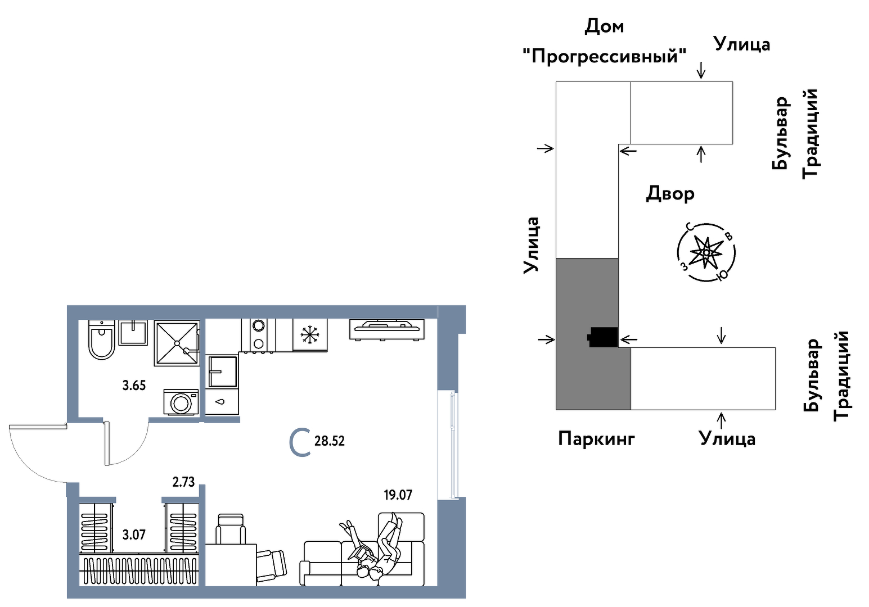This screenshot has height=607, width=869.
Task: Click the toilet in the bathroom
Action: (102, 341)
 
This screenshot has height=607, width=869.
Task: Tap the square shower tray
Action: (177, 343)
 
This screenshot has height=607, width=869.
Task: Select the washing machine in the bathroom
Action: (181, 402)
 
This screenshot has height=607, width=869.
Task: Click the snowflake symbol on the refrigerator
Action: (309, 335)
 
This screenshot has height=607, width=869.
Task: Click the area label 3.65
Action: (134, 386)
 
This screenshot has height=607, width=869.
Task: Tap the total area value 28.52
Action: (330, 441)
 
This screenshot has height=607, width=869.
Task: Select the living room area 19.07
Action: (398, 495)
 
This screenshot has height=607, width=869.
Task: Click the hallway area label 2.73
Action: (183, 482)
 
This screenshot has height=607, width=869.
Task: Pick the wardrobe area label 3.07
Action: (134, 534)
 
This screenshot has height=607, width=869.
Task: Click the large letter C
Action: (300, 442)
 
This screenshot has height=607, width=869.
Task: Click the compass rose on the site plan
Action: (706, 252)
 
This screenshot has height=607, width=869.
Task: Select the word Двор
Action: (670, 193)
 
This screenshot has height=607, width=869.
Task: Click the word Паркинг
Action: (596, 438)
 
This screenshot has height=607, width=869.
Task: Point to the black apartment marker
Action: (602, 337)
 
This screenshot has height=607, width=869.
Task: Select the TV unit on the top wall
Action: (387, 329)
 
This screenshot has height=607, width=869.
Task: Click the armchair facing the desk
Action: (231, 528)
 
